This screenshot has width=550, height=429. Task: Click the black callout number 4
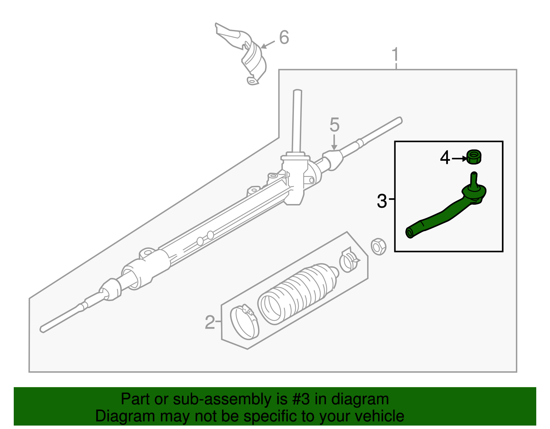tap(445, 158)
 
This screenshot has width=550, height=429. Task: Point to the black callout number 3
tap(382, 201)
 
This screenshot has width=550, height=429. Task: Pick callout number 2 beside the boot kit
tap(210, 323)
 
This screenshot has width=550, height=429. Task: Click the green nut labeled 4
tap(474, 157)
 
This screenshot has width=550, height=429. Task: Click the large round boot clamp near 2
tap(244, 322)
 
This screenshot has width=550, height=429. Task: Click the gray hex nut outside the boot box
tap(378, 246)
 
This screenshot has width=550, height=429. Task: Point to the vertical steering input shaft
tap(297, 120)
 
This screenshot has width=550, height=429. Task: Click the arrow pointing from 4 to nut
tap(459, 158)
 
